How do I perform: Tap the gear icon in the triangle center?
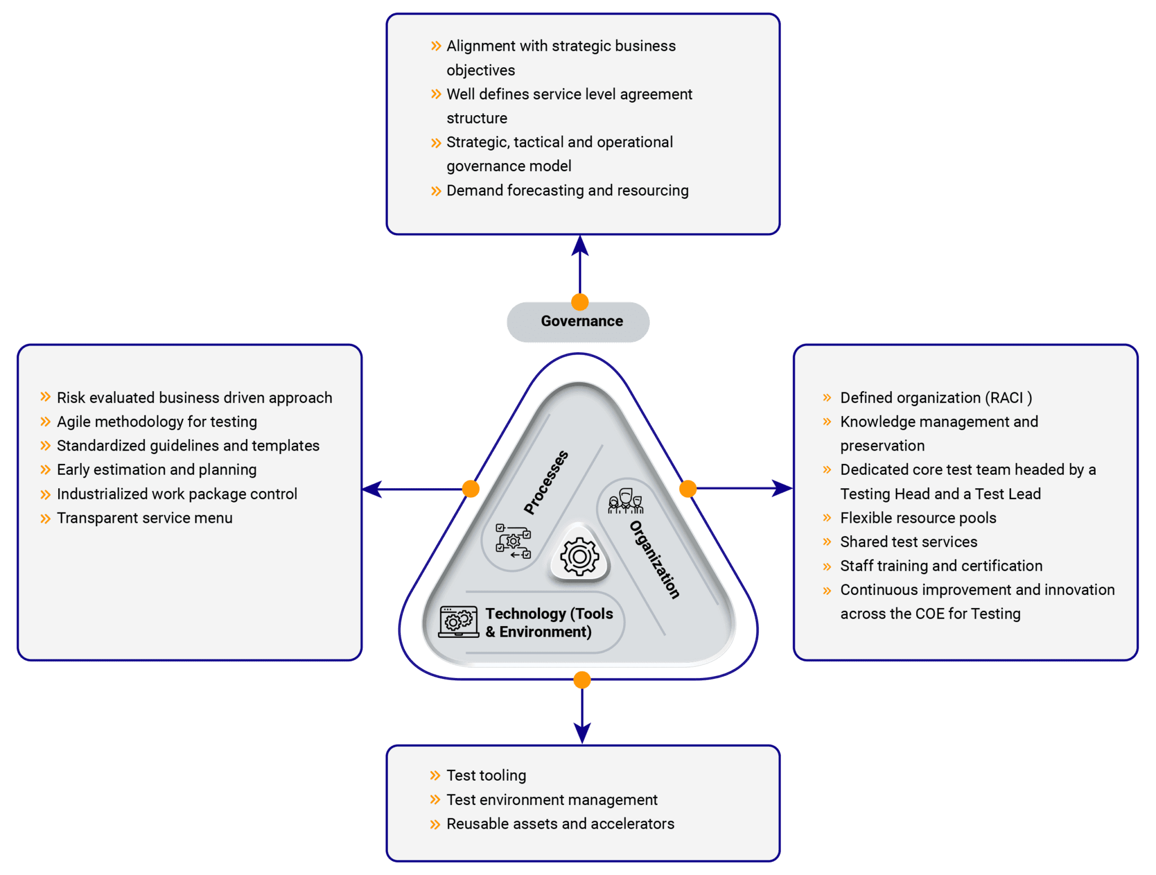pyautogui.click(x=579, y=557)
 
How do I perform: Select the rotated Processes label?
pyautogui.click(x=545, y=483)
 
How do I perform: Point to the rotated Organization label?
pyautogui.click(x=655, y=559)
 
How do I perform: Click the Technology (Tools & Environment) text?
pyautogui.click(x=549, y=623)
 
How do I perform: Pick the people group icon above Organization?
pyautogui.click(x=625, y=501)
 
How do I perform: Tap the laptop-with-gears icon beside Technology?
pyautogui.click(x=459, y=622)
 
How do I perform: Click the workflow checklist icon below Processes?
pyautogui.click(x=513, y=541)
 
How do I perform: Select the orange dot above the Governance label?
pyautogui.click(x=580, y=302)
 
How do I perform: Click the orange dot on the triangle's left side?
pyautogui.click(x=471, y=489)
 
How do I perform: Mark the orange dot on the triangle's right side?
pyautogui.click(x=688, y=489)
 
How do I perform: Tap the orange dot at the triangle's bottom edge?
pyautogui.click(x=582, y=680)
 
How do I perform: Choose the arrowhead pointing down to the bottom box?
pyautogui.click(x=582, y=734)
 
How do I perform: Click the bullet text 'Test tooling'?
pyautogui.click(x=486, y=776)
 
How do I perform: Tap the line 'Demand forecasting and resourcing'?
pyautogui.click(x=567, y=191)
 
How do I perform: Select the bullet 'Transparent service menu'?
pyautogui.click(x=144, y=518)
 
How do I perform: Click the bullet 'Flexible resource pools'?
pyautogui.click(x=918, y=518)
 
